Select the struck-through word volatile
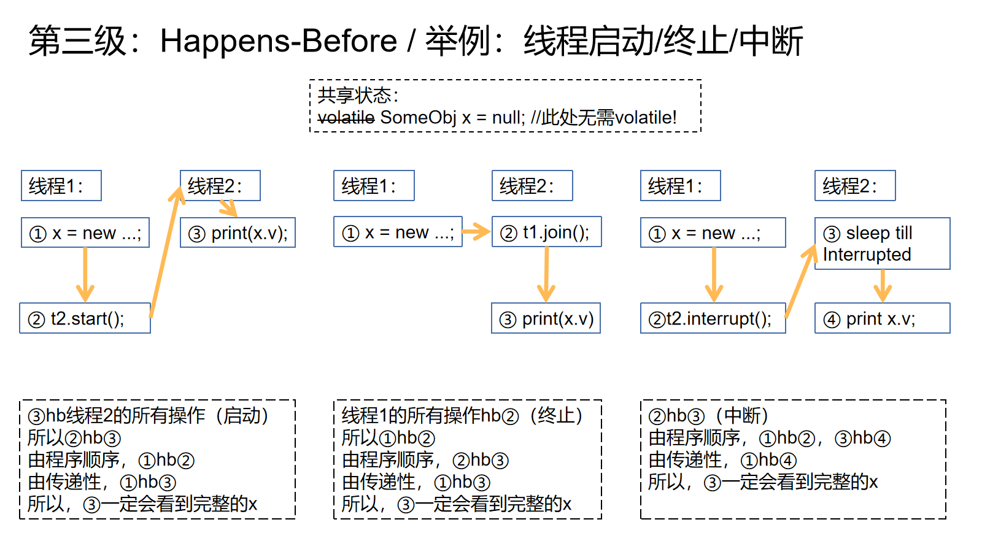pyautogui.click(x=346, y=117)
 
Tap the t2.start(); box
pyautogui.click(x=85, y=318)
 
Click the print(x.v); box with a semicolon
pyautogui.click(x=238, y=232)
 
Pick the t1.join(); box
pyautogui.click(x=547, y=232)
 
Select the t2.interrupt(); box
pyautogui.click(x=713, y=318)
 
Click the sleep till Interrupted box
pyautogui.click(x=883, y=243)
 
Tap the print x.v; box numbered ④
pyautogui.click(x=883, y=318)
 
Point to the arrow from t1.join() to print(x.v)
pyautogui.click(x=547, y=275)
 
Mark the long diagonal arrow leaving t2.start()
pyautogui.click(x=166, y=252)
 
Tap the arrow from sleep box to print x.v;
pyautogui.click(x=883, y=286)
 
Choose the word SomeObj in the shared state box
pyautogui.click(x=418, y=117)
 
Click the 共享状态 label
pyautogui.click(x=354, y=95)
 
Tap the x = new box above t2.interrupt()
pyautogui.click(x=713, y=232)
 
